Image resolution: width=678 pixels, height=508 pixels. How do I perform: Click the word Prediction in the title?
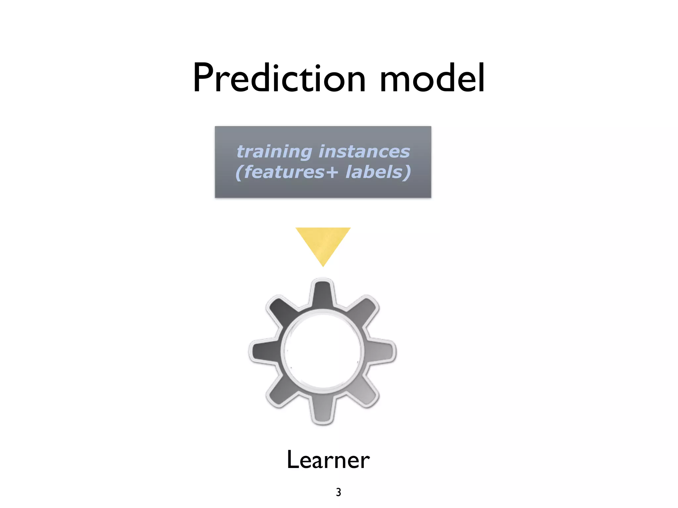coord(279,78)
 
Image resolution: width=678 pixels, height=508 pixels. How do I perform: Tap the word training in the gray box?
coord(274,152)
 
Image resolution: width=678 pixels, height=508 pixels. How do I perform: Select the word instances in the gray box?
coord(364,152)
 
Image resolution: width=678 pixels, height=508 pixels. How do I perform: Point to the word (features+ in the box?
coord(287,172)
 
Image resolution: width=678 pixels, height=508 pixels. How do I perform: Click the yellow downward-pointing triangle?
coord(323,243)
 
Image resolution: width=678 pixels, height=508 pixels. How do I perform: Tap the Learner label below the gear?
coord(328,460)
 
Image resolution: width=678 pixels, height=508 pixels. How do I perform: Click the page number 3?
coord(338,492)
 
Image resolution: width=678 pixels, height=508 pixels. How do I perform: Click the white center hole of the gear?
coord(322,351)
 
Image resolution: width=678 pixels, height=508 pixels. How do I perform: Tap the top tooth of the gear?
coord(322,293)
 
